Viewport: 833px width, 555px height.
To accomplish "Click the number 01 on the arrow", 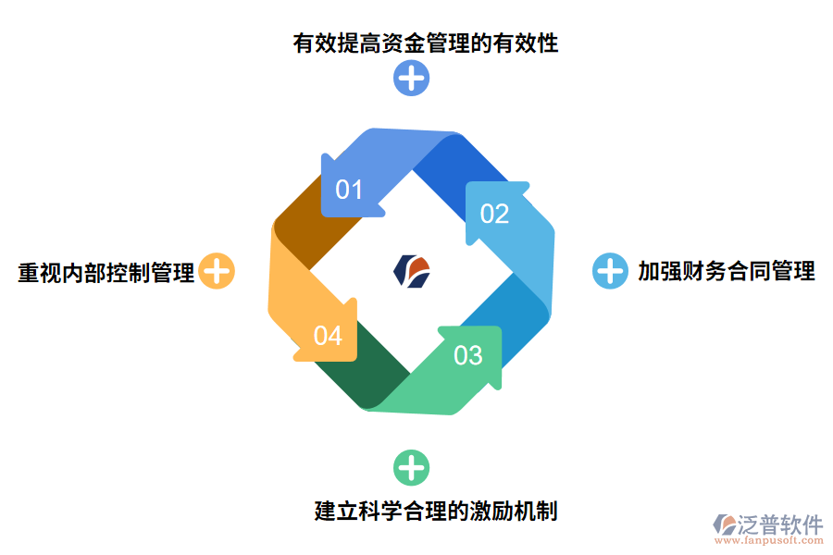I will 349,191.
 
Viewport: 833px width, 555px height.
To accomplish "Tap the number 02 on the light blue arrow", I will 494,215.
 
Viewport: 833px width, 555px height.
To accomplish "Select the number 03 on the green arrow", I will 468,355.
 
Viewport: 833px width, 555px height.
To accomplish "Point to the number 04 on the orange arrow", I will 328,336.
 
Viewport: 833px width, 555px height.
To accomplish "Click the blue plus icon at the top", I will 411,78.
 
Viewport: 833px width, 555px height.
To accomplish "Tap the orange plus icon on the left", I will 217,272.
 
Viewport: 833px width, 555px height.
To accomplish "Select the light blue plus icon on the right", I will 610,271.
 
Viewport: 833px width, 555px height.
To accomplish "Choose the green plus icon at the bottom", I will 411,468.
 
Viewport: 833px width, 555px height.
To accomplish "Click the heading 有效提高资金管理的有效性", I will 425,43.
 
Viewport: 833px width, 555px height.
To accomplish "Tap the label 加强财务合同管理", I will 726,271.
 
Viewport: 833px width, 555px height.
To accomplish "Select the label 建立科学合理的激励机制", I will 435,511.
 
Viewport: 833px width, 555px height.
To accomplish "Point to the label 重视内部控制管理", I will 106,273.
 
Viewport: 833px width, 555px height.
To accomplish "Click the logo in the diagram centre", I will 412,270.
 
